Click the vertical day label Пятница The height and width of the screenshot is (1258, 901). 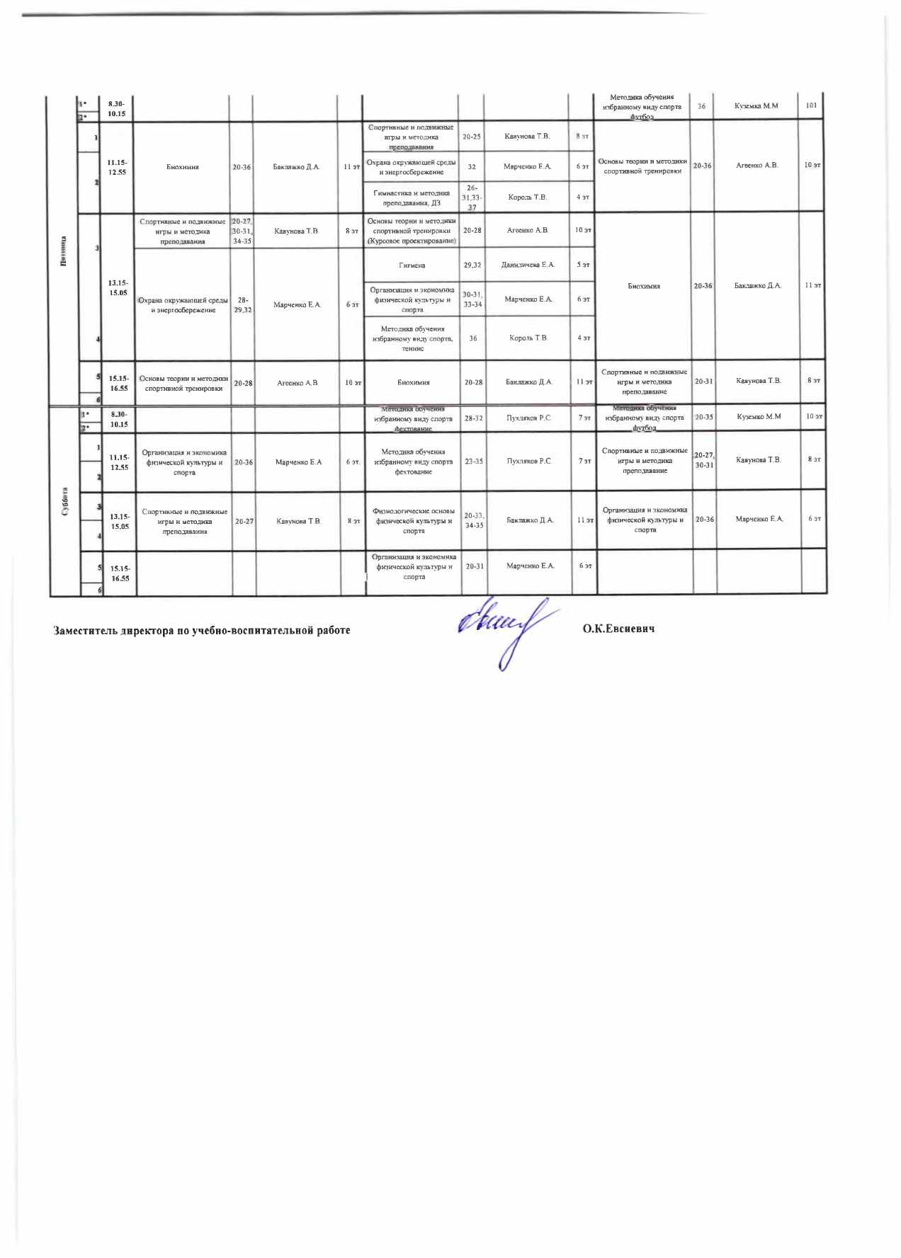[x=64, y=251]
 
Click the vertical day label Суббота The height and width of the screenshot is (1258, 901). [x=65, y=502]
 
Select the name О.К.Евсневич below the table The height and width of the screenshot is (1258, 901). [x=618, y=629]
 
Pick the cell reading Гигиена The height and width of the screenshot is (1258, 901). [x=412, y=265]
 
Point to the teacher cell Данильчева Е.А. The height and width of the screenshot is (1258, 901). [x=528, y=265]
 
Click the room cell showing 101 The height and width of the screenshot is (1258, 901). [x=811, y=105]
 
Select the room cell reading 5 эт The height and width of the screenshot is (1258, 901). [x=583, y=265]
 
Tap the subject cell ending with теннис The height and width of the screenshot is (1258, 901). [x=412, y=338]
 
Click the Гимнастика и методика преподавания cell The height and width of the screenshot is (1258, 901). [x=412, y=198]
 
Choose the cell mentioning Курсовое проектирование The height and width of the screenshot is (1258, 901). [x=412, y=231]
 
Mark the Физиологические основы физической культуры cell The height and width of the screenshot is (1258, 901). [x=414, y=521]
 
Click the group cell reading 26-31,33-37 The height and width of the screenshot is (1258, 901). [x=472, y=198]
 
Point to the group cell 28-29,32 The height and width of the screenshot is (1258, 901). [x=243, y=305]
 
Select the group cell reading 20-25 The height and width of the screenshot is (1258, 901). [x=472, y=136]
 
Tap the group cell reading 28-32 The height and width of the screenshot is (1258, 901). [x=474, y=418]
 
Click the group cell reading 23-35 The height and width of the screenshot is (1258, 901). [x=474, y=462]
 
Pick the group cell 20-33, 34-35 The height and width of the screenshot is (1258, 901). [x=474, y=520]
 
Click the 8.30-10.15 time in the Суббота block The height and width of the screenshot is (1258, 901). [x=119, y=419]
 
